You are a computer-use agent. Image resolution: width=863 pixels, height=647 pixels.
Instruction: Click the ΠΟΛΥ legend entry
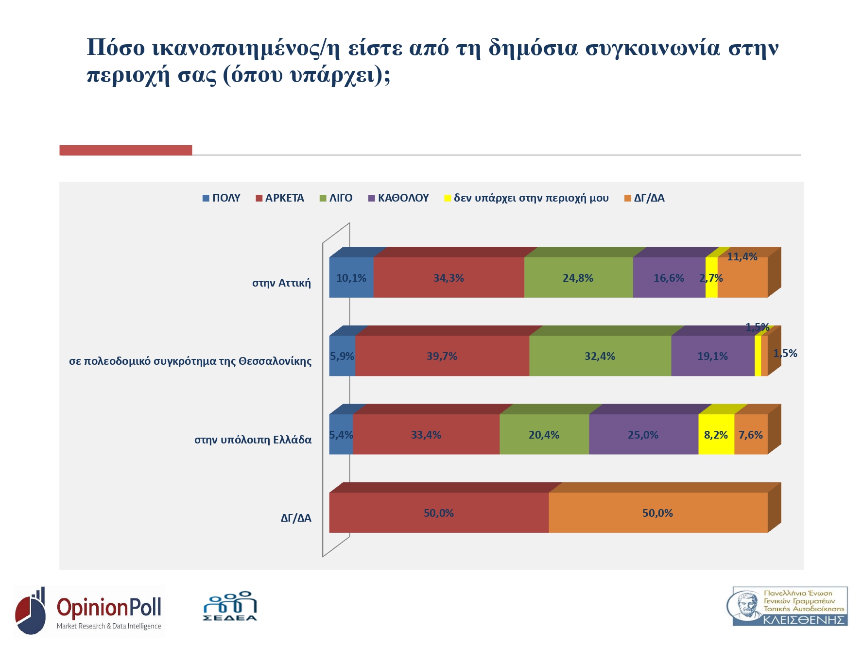[222, 198]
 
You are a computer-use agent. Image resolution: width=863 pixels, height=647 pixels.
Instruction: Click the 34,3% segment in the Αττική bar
[449, 278]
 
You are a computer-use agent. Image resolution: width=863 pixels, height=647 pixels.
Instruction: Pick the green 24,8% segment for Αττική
[578, 278]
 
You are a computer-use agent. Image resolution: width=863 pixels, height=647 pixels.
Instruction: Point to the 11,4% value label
[742, 257]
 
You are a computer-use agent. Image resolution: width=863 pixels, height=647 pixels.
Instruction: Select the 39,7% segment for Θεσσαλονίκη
[442, 356]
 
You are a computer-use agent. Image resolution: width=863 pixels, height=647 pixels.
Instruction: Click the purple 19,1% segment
[712, 356]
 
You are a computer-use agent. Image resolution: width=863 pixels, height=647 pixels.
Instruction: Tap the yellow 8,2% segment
[716, 435]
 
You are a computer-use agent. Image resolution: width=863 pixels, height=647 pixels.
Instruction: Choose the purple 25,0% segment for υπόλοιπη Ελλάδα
[643, 435]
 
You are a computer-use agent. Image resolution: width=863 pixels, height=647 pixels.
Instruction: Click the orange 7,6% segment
[751, 435]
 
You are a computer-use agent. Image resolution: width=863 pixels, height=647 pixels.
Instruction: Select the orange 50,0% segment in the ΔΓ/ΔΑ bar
[657, 513]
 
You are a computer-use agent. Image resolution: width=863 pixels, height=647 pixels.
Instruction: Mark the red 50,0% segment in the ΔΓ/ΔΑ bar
[438, 513]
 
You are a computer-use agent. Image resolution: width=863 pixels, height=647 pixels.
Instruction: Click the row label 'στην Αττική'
[281, 283]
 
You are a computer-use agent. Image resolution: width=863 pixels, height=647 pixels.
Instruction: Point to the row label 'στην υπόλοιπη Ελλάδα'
[253, 440]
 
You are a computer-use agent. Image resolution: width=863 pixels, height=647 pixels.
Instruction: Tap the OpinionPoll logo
[89, 611]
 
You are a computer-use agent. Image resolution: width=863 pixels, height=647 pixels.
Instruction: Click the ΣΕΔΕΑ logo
[230, 607]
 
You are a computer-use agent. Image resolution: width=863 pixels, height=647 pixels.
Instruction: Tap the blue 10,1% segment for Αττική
[351, 278]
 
